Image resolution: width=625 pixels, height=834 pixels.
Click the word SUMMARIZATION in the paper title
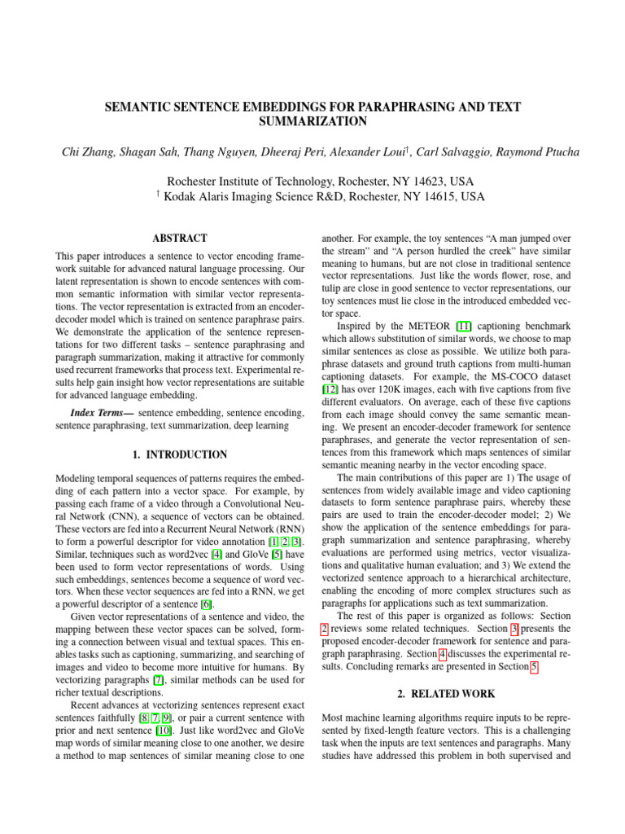coord(312,122)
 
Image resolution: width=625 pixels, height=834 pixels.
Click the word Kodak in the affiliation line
coord(184,197)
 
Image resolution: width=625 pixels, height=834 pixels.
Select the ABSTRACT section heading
coord(180,239)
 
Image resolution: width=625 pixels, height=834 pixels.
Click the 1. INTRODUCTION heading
coord(180,454)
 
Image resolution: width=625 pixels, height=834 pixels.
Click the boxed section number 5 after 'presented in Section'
coord(533,667)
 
